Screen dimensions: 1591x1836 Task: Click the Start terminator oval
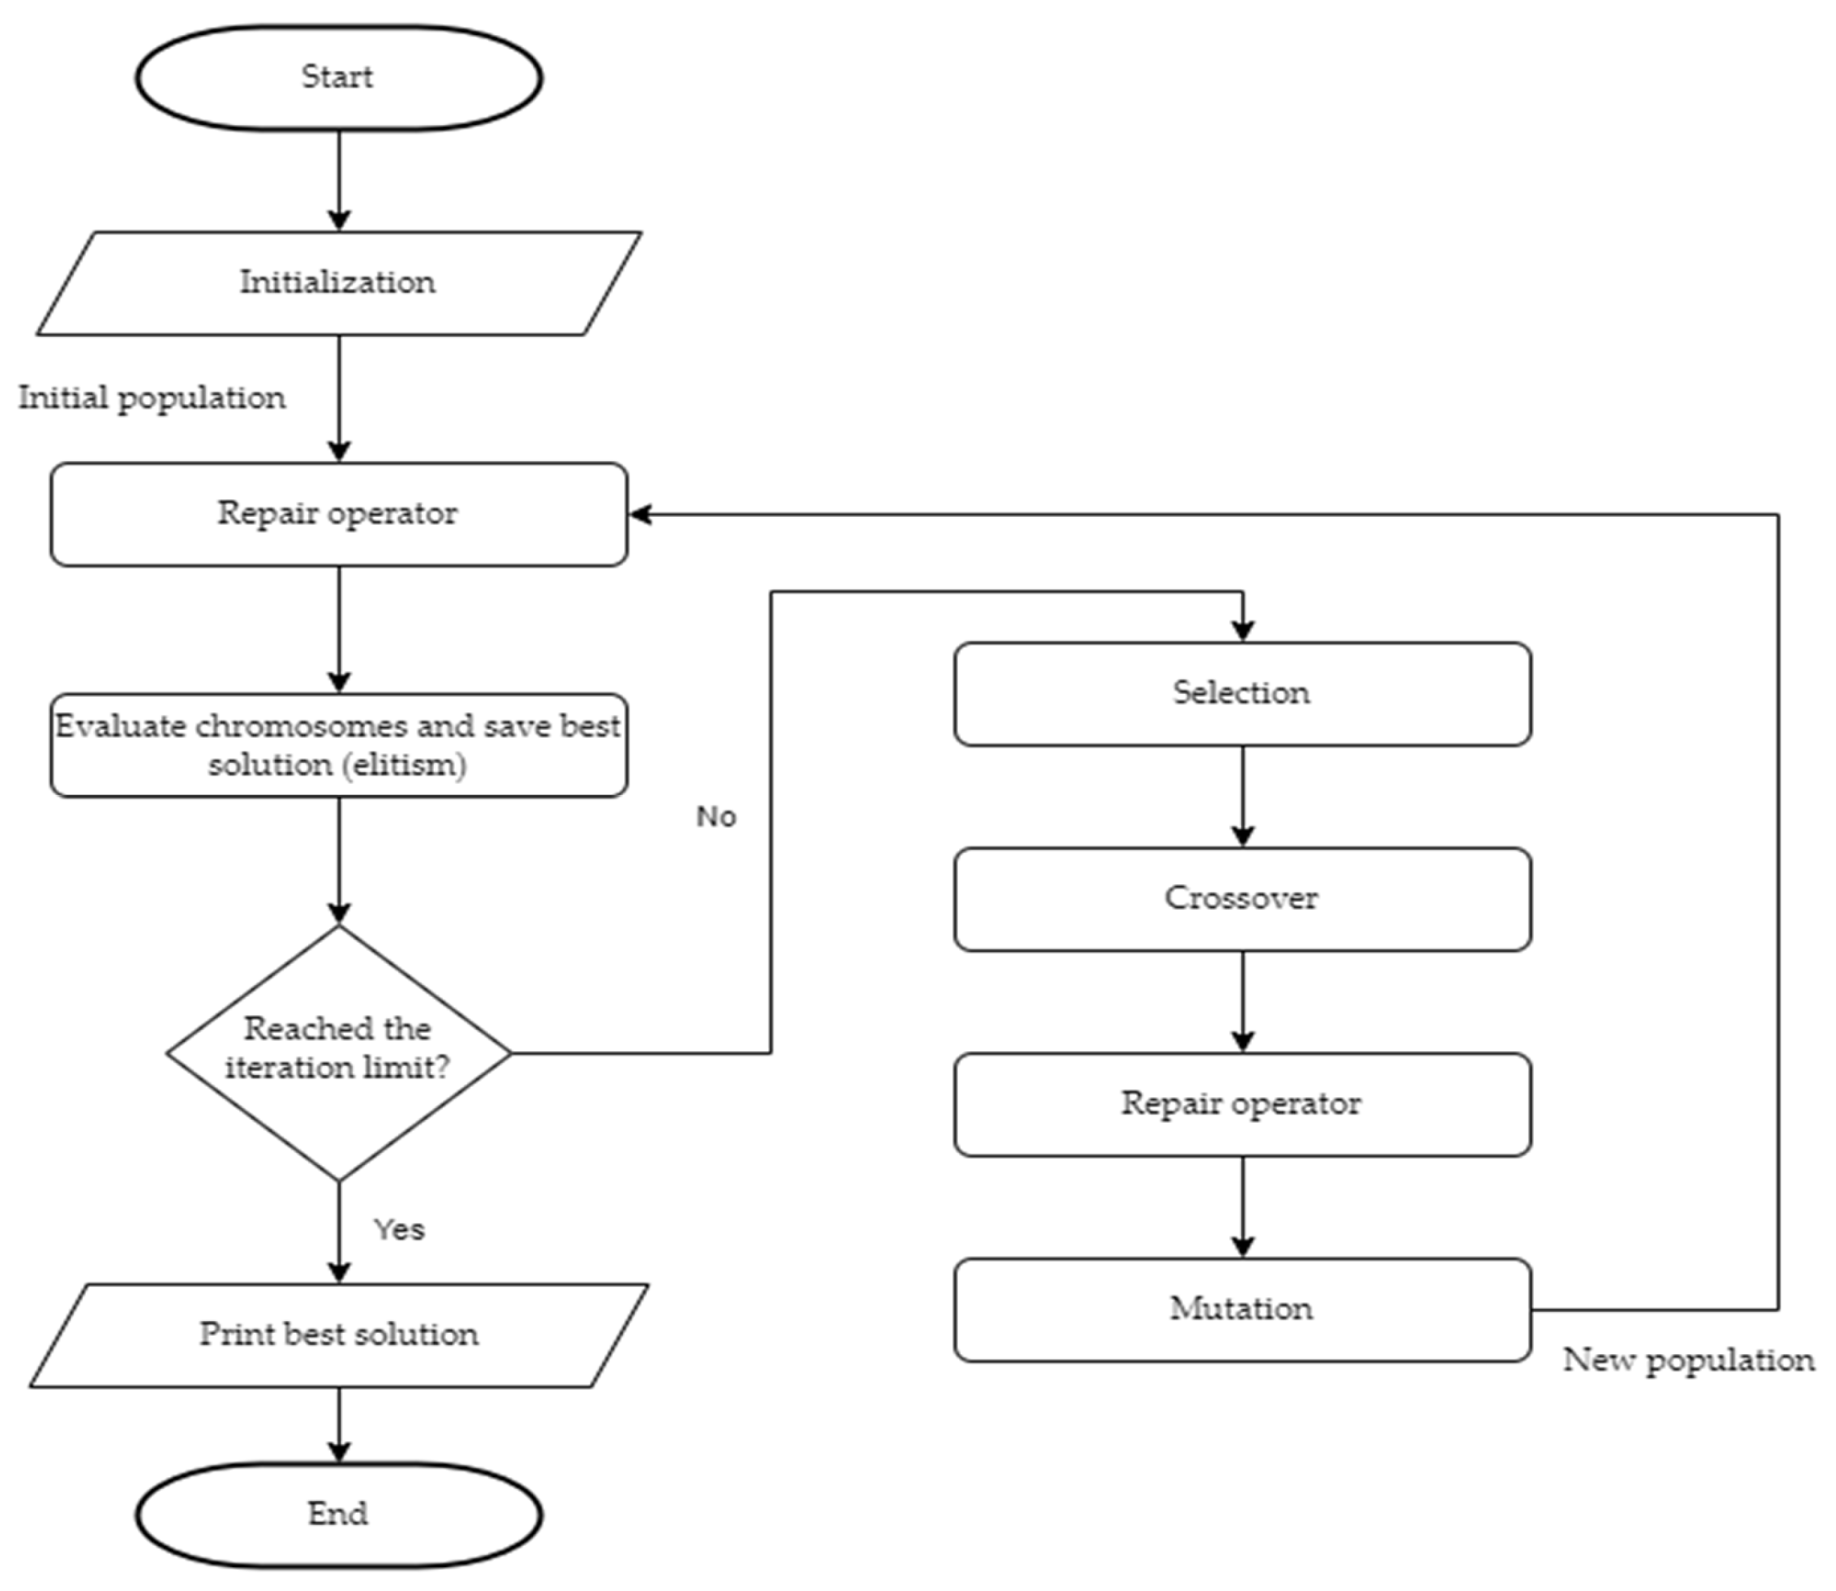(338, 78)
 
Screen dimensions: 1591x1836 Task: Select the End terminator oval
(338, 1514)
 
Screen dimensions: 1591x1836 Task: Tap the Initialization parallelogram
(338, 283)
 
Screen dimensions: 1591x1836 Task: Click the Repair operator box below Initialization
(338, 514)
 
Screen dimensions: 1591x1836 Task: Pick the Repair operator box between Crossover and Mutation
(1242, 1104)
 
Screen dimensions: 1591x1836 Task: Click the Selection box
(1242, 693)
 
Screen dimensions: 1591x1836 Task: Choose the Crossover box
(1242, 898)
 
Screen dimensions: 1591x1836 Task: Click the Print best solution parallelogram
(338, 1334)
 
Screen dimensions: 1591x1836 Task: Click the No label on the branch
(716, 817)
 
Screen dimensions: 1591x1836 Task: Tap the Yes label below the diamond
(399, 1230)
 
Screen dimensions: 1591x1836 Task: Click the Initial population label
(152, 398)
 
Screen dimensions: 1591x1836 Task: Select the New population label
(1688, 1361)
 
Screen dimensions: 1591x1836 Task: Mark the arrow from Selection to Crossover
(1242, 797)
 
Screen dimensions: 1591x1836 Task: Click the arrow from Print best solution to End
(339, 1425)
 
